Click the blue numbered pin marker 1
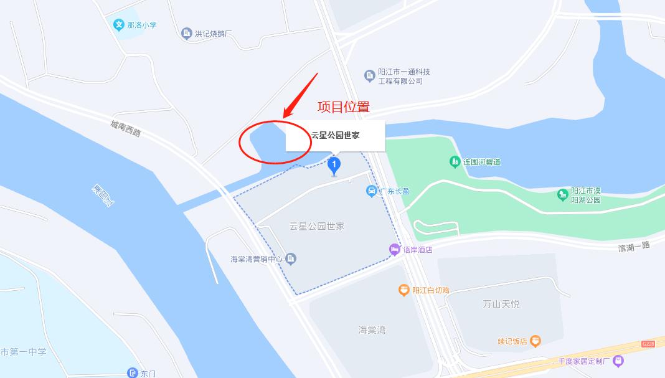334,165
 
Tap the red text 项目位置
343,106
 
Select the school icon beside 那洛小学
118,26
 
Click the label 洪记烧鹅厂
214,34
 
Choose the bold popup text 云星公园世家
335,135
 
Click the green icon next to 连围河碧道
455,162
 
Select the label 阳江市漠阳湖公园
586,196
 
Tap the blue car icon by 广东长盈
371,191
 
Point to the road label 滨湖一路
634,247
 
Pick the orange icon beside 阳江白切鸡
404,290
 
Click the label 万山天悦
501,304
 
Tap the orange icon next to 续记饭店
535,341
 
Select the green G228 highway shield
649,344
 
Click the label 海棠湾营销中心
257,259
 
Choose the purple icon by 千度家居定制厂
618,360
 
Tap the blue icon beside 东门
132,373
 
